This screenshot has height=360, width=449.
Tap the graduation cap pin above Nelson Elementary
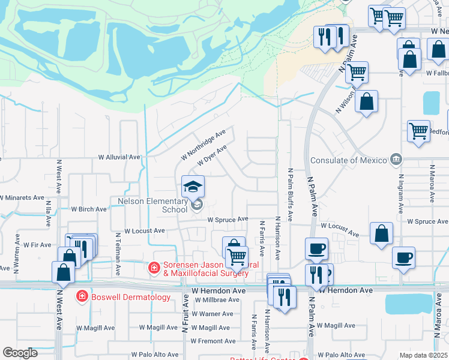tap(193, 187)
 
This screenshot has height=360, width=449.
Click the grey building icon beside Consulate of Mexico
tap(396, 160)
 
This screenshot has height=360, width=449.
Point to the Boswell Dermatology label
tap(124, 296)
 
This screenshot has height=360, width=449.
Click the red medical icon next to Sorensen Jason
tap(154, 266)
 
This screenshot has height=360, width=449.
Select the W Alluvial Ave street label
tap(119, 157)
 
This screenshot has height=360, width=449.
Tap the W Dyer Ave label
tap(212, 157)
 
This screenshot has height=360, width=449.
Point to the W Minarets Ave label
tap(22, 197)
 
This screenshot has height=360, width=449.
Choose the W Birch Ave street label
tap(89, 209)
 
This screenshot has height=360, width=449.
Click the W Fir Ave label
tap(37, 245)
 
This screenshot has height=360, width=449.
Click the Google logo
tap(20, 353)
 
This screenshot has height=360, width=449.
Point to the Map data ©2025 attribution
tap(423, 355)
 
